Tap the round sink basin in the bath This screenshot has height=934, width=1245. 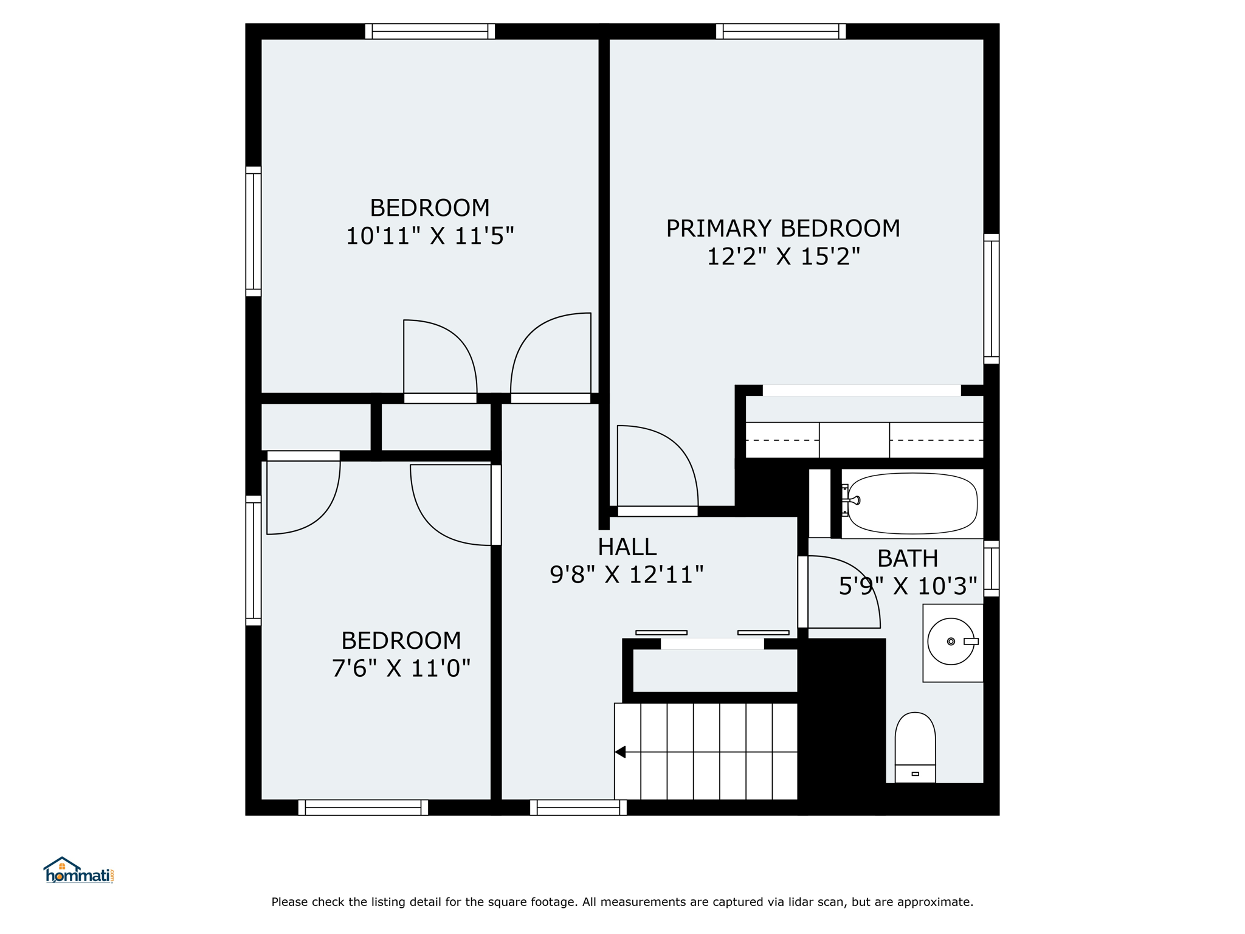point(951,642)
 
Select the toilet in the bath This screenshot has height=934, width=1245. point(915,747)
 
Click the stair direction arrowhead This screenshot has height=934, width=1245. point(620,752)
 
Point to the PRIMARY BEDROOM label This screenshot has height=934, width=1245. point(783,229)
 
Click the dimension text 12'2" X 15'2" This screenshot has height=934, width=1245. point(783,257)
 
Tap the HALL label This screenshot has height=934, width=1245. point(627,547)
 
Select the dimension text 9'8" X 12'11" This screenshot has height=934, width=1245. point(627,575)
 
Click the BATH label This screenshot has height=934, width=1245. point(908,558)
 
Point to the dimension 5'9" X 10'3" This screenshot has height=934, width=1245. point(908,586)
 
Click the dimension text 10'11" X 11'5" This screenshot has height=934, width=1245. point(430,236)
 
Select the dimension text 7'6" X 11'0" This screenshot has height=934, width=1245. point(401,669)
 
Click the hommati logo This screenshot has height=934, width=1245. point(78,870)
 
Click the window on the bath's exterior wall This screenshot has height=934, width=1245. point(992,569)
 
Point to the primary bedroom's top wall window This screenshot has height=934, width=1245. point(781,31)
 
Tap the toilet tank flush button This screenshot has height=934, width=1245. point(915,774)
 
